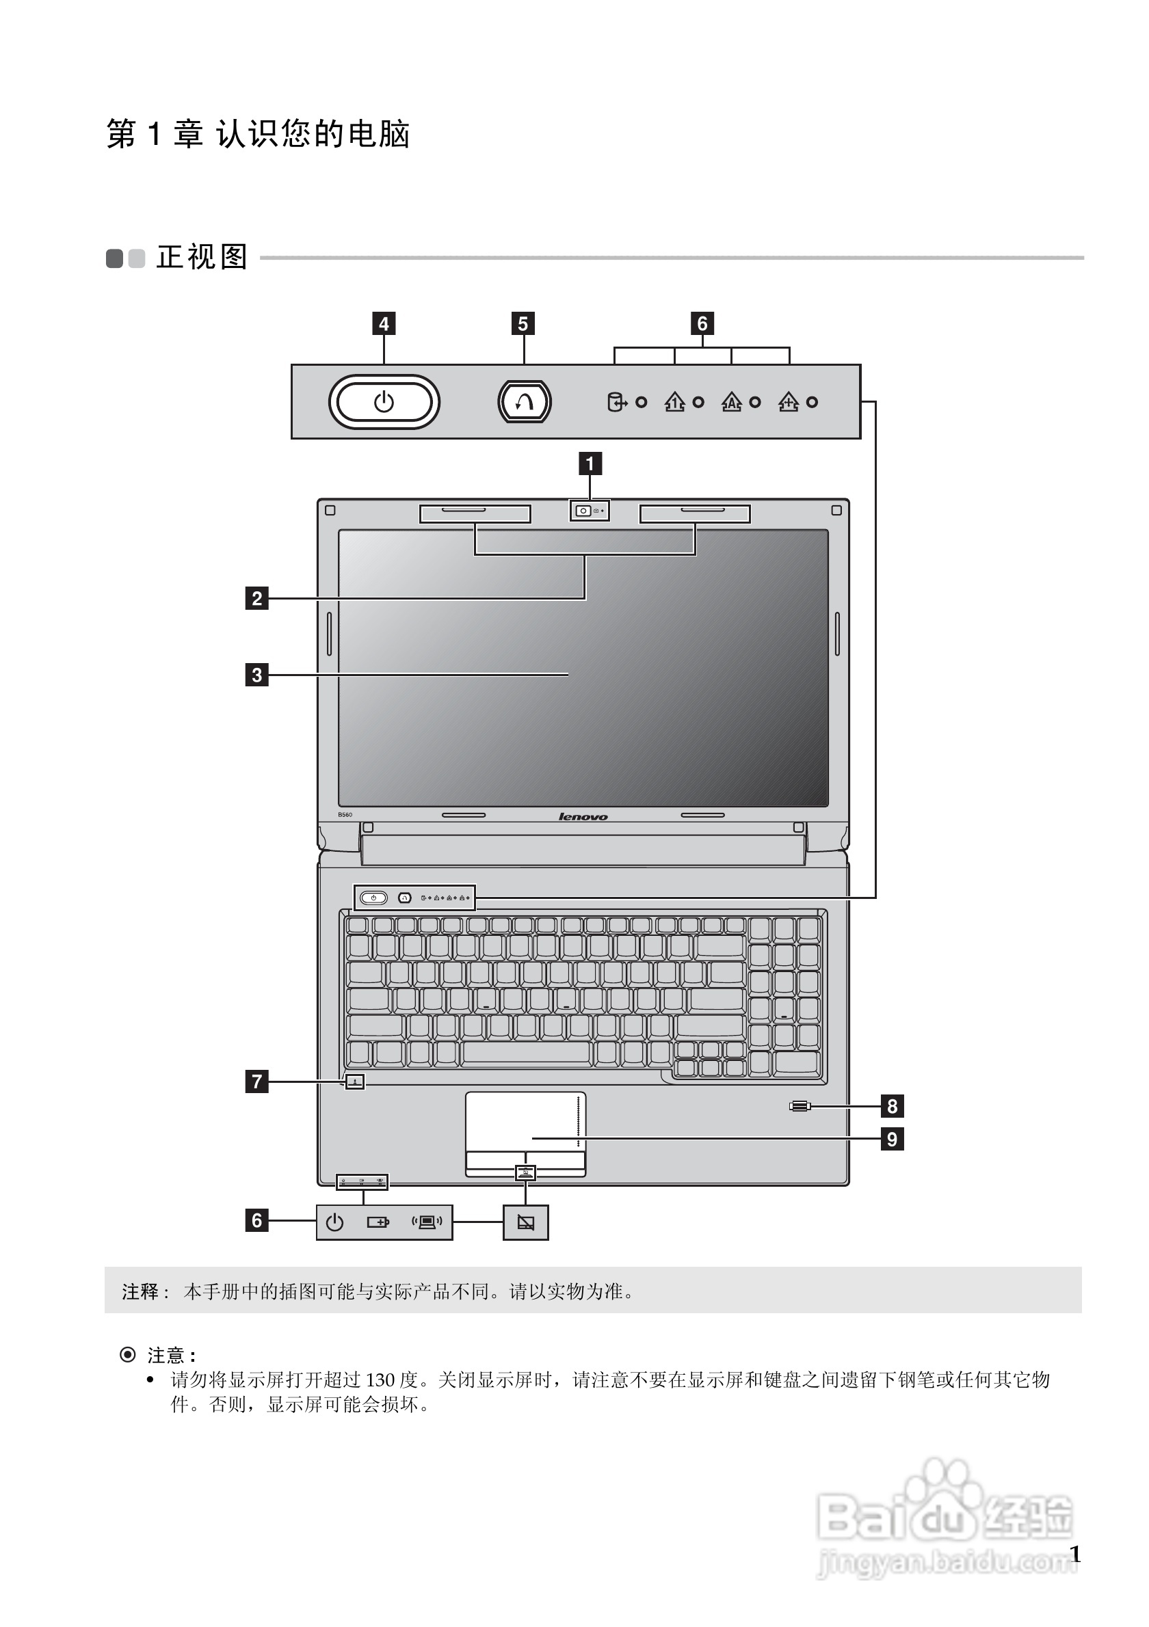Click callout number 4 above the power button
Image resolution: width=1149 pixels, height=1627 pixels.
pos(384,324)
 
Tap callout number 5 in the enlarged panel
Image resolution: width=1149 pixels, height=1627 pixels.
pos(523,324)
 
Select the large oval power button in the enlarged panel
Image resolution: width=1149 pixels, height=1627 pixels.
pos(384,402)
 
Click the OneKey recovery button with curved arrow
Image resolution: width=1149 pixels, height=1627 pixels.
pos(524,402)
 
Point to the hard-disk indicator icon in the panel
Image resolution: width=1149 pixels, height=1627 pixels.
pos(616,403)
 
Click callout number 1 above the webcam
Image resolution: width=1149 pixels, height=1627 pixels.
pos(590,463)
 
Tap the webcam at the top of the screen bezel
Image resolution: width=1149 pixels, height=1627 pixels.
pos(583,510)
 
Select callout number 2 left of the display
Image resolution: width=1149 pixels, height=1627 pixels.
pos(256,598)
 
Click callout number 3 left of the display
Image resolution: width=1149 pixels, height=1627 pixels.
pos(256,675)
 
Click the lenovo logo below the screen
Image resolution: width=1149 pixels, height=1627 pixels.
pos(583,817)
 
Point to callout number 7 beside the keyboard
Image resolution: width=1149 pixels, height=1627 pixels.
pos(256,1081)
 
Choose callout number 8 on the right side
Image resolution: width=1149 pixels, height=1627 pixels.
pos(892,1105)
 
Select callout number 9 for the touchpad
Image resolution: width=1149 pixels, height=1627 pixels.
pos(892,1139)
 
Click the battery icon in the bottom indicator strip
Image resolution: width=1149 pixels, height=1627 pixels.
pos(378,1222)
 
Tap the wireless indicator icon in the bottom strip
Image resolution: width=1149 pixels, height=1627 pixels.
pos(427,1222)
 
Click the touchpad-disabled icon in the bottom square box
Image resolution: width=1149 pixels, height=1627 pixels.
pos(525,1222)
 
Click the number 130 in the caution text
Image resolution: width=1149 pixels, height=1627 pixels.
pos(380,1380)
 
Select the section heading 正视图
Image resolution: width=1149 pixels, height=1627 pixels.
pos(202,257)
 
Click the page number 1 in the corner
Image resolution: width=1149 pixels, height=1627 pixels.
pos(1074,1554)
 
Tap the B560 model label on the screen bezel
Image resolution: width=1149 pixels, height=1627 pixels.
pos(345,815)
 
